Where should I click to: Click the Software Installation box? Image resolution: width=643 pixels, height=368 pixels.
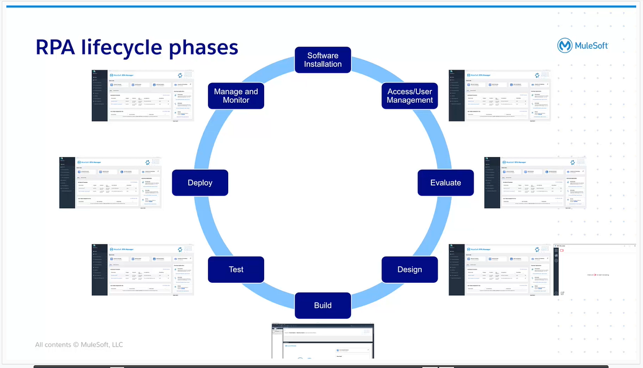click(x=323, y=60)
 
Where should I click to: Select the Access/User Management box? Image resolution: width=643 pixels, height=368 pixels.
click(x=410, y=96)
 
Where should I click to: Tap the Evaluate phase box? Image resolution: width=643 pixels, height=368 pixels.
click(x=445, y=183)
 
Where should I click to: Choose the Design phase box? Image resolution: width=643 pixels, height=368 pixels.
click(x=409, y=269)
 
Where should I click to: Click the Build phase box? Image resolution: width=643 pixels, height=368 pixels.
click(x=323, y=305)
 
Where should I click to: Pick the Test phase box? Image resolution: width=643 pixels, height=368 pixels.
click(x=236, y=269)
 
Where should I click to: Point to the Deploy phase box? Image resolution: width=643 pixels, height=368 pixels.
click(x=200, y=183)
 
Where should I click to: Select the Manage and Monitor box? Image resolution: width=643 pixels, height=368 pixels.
click(x=236, y=96)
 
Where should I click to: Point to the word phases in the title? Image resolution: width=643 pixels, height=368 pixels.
click(x=204, y=47)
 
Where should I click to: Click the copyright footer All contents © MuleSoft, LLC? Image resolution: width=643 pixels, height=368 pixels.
click(x=79, y=344)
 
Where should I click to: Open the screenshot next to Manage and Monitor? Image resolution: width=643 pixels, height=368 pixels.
click(x=143, y=95)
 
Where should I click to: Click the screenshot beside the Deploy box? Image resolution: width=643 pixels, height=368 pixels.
click(x=110, y=183)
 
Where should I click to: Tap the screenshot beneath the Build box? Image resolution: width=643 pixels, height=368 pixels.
click(x=323, y=341)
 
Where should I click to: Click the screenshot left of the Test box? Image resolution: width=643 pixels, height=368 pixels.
click(x=143, y=269)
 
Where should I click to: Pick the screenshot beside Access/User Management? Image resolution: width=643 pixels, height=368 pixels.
click(x=499, y=95)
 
